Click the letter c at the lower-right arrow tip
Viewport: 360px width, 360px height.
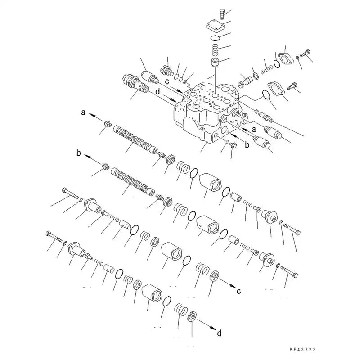click(239, 290)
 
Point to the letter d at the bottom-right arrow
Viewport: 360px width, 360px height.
click(219, 333)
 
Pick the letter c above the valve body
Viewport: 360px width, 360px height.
click(167, 82)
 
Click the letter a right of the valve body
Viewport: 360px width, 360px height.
click(253, 129)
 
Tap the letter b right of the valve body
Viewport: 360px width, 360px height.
click(247, 145)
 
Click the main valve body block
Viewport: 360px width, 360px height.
click(207, 112)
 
